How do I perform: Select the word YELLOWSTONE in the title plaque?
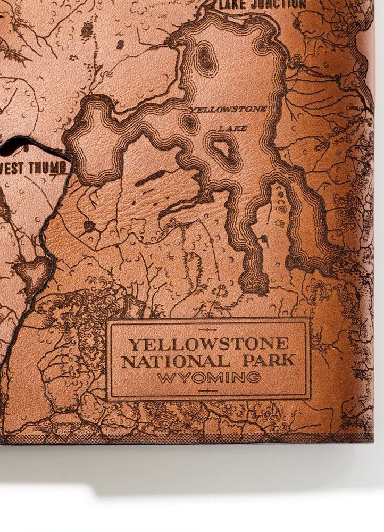pos(208,344)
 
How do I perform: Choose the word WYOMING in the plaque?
pos(209,378)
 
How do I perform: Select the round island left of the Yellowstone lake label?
pos(189,123)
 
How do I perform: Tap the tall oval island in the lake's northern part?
pos(204,57)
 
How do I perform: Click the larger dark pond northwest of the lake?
pos(87,30)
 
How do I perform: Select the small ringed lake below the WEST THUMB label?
pos(33,269)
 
